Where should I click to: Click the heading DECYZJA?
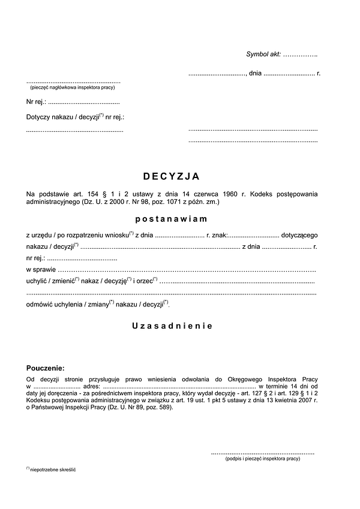[x=171, y=176]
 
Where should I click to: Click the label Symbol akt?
[x=263, y=55]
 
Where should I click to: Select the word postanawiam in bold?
[x=171, y=219]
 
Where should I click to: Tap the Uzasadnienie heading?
[x=172, y=326]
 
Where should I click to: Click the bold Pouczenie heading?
[x=45, y=368]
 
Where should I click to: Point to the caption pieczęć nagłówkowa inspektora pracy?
[x=72, y=88]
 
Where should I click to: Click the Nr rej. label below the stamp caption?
[x=36, y=102]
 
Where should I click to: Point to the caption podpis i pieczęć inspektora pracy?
[x=263, y=459]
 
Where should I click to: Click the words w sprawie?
[x=40, y=271]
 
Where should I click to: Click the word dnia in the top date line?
[x=255, y=74]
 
